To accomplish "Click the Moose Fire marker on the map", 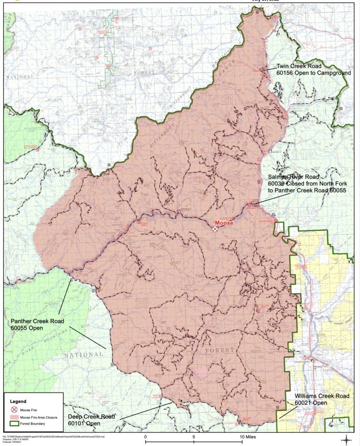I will (215, 229).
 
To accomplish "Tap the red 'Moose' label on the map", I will (224, 223).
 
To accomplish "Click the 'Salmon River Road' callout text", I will (293, 177).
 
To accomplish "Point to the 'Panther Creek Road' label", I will (37, 321).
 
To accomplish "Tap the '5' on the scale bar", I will (193, 437).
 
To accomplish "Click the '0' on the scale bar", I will (146, 437).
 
